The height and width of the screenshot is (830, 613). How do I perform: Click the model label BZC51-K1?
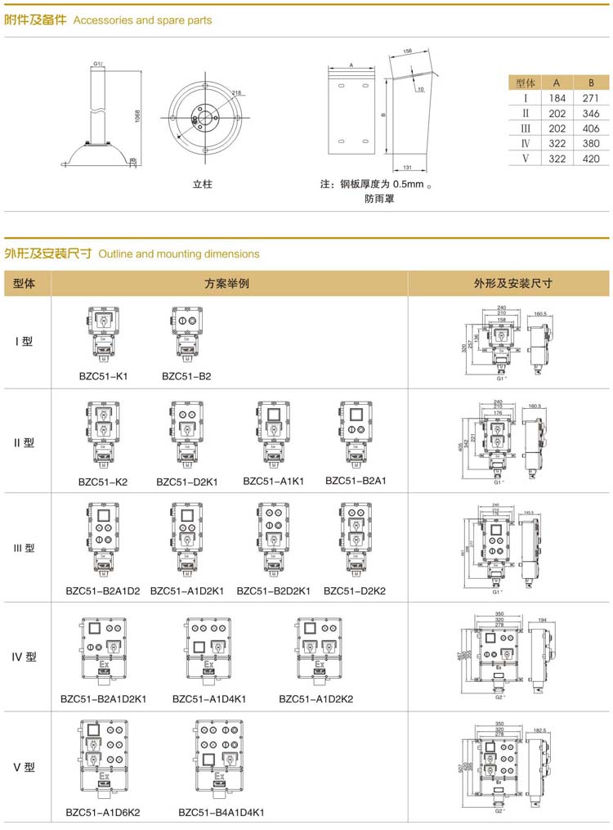click(103, 376)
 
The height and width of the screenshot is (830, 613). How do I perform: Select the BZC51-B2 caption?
click(186, 376)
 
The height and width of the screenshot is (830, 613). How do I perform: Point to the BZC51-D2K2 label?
click(355, 590)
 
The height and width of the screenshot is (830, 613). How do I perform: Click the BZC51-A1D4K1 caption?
click(209, 699)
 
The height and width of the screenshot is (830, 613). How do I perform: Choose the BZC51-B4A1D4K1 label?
click(221, 813)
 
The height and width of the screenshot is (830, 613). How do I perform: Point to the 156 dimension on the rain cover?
click(408, 52)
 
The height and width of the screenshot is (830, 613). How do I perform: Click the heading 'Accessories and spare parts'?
click(142, 20)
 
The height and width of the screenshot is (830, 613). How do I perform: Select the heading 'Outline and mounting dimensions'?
click(179, 254)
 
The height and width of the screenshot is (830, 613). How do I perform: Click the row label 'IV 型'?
click(25, 657)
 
